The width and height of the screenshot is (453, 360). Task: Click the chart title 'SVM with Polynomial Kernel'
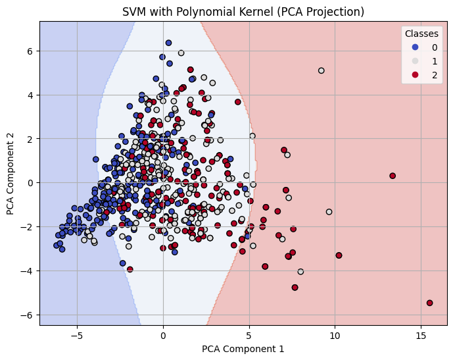pyautogui.click(x=243, y=11)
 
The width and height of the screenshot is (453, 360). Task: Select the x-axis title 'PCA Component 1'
pyautogui.click(x=243, y=348)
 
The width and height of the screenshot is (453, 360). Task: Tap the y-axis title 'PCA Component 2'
pyautogui.click(x=10, y=173)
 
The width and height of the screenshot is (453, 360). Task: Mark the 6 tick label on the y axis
pyautogui.click(x=30, y=51)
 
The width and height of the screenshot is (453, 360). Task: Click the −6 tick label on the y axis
pyautogui.click(x=28, y=315)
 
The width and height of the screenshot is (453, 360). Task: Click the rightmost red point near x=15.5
pyautogui.click(x=429, y=303)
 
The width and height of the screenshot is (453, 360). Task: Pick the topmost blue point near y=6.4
pyautogui.click(x=168, y=43)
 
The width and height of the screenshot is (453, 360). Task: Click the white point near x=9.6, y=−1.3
pyautogui.click(x=329, y=212)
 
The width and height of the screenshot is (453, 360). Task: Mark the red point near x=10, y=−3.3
pyautogui.click(x=339, y=255)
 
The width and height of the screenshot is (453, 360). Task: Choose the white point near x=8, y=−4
pyautogui.click(x=300, y=271)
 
